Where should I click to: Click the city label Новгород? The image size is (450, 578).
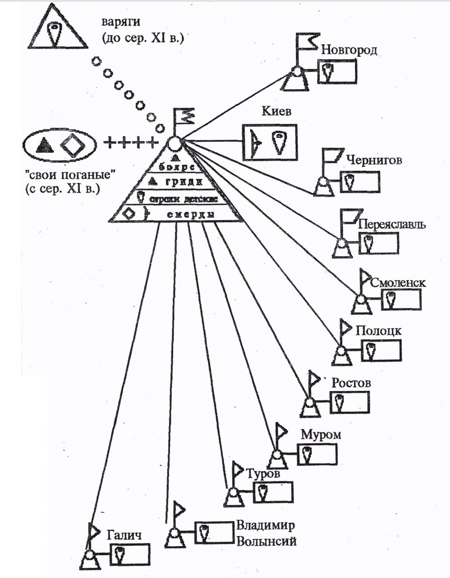[350, 50]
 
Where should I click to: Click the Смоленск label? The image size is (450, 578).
[398, 283]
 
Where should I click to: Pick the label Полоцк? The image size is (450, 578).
[378, 330]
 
